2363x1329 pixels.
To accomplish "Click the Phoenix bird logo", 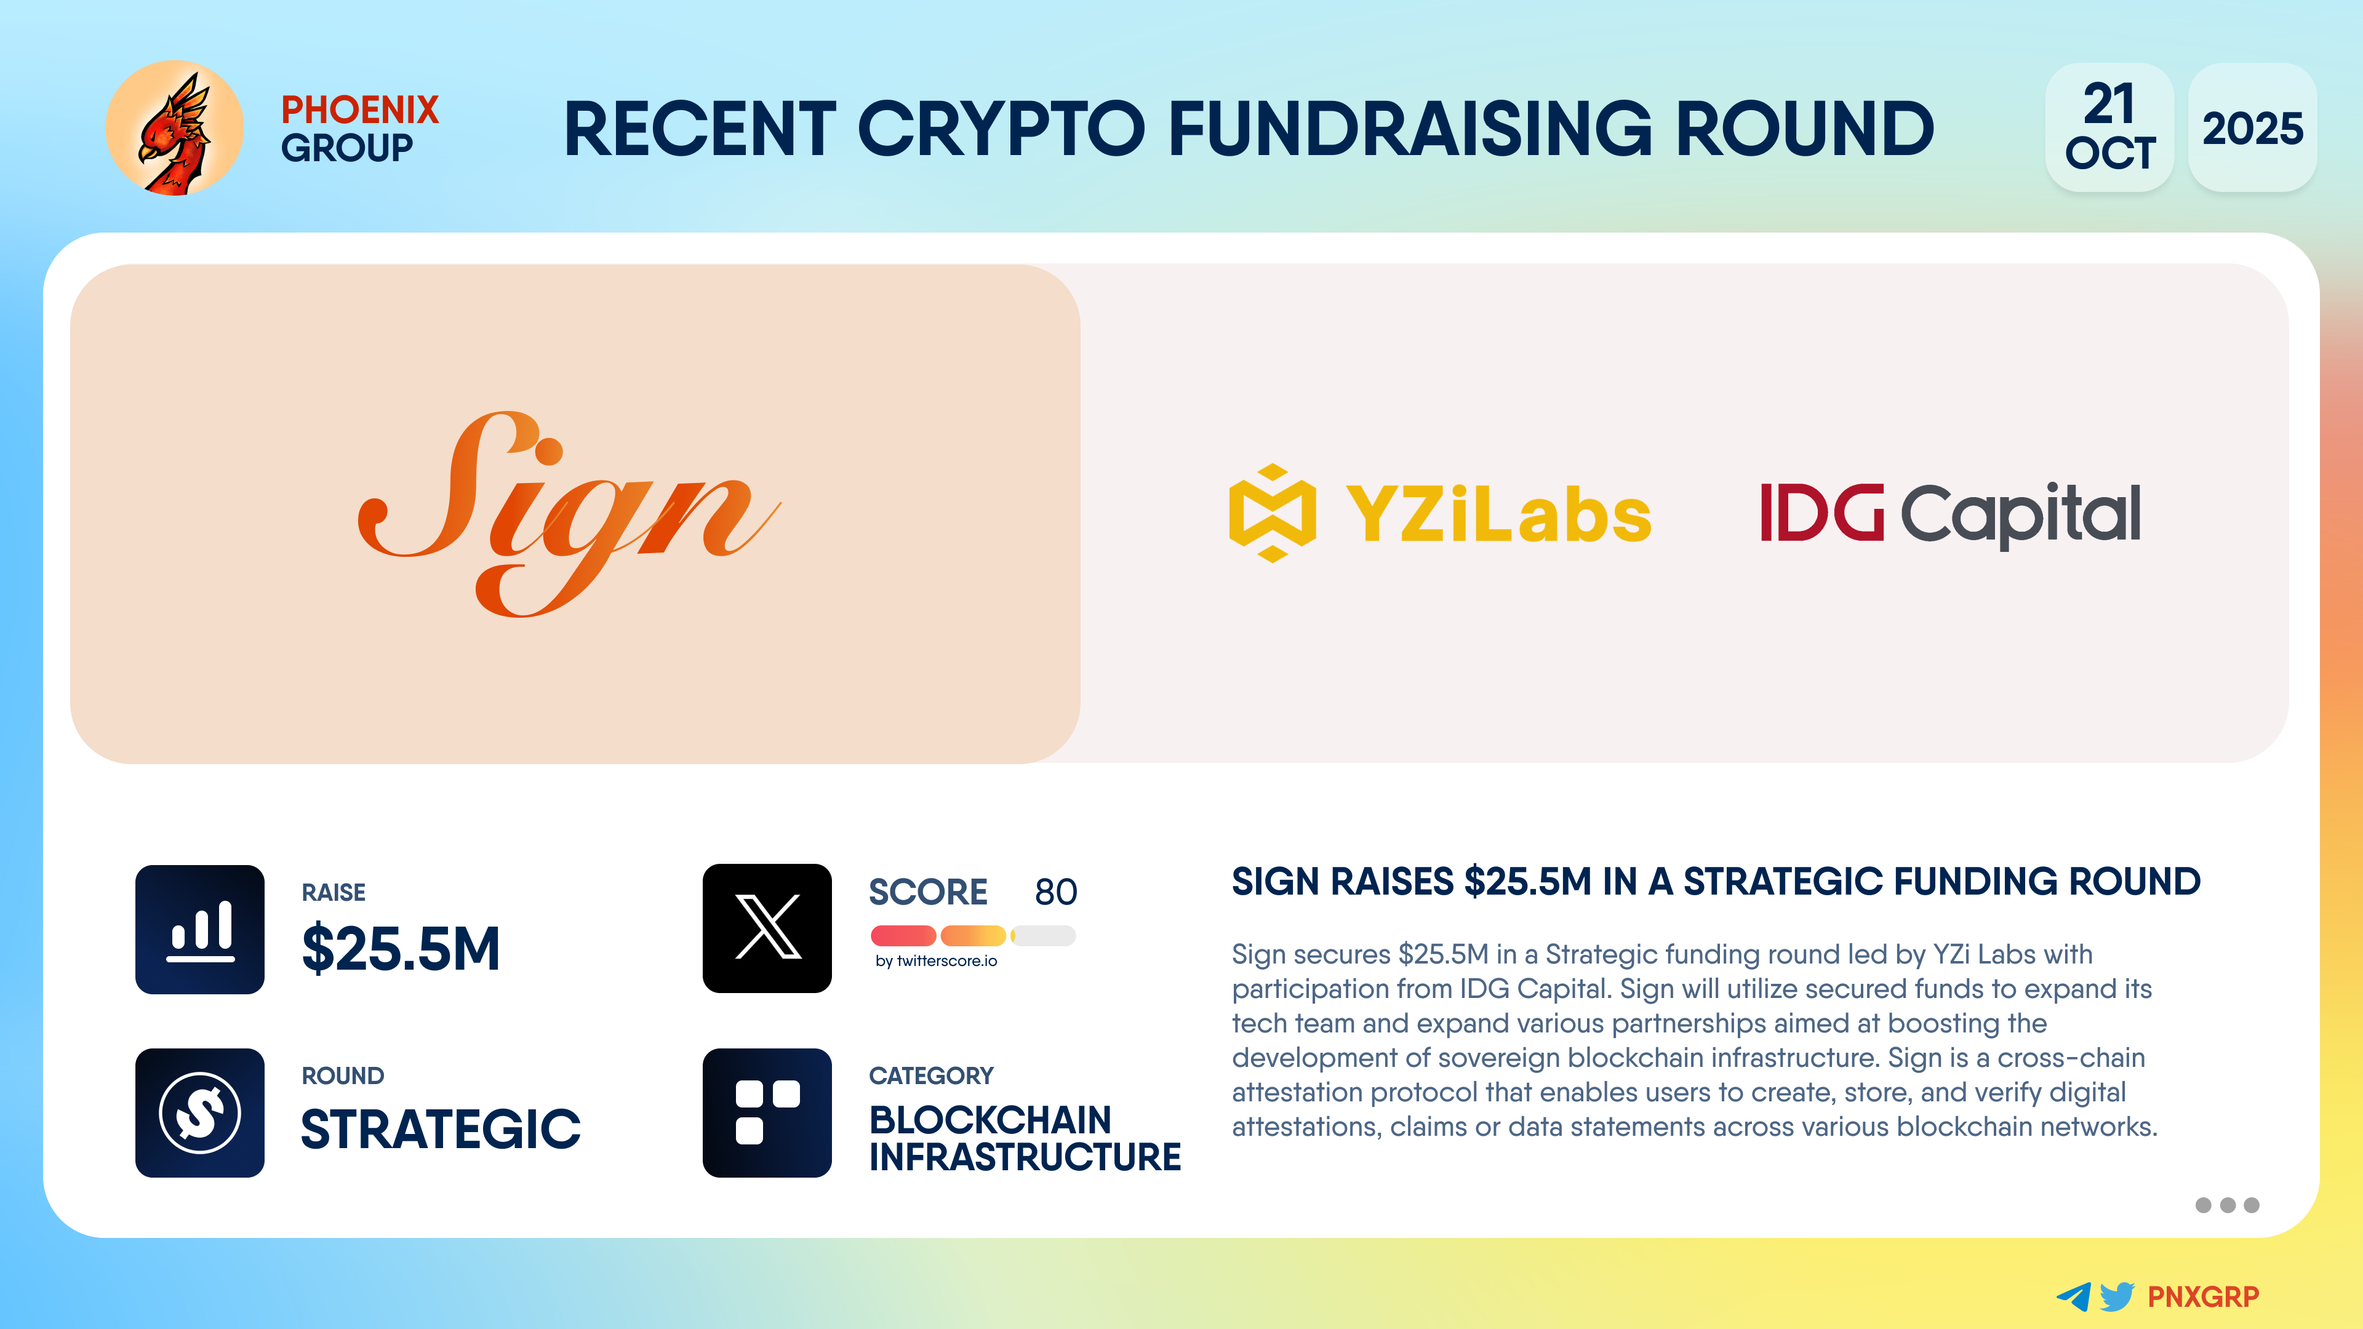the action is point(174,129).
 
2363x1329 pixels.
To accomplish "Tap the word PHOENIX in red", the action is point(359,110).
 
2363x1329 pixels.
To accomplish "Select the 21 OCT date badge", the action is point(2109,127).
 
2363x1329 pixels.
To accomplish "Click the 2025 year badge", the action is point(2252,127).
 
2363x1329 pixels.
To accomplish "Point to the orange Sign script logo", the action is point(569,514).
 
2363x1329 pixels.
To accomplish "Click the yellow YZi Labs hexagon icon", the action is point(1273,513).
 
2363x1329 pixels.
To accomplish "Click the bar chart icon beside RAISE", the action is point(200,929).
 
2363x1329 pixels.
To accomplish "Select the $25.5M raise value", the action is point(401,948).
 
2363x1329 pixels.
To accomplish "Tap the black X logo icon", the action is point(767,928).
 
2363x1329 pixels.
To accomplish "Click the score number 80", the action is point(1056,892).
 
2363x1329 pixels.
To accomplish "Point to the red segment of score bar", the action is point(903,935).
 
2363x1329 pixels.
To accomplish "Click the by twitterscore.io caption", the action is point(935,960).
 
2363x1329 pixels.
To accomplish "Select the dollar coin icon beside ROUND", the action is point(200,1112).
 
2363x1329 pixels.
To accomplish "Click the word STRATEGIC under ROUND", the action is point(441,1128).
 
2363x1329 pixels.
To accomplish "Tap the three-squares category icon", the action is point(767,1112).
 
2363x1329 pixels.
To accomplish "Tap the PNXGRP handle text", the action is point(2204,1297).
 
